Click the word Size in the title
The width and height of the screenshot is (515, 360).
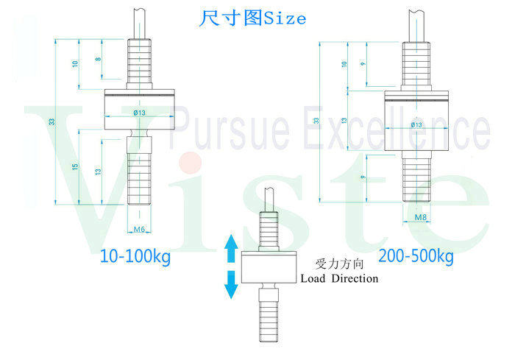pos(280,18)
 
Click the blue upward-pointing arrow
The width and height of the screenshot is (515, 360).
pos(231,249)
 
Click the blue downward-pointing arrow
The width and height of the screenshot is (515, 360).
pos(231,285)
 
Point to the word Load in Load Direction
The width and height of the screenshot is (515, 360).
pos(313,278)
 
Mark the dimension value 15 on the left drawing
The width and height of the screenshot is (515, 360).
pos(75,168)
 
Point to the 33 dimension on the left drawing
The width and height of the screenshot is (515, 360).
pos(52,121)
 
